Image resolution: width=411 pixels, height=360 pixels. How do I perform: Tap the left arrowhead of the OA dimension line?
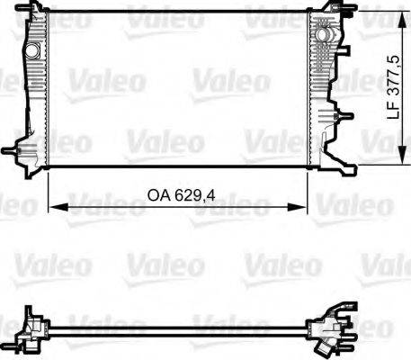52,207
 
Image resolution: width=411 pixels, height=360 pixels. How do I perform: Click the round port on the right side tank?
322,33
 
